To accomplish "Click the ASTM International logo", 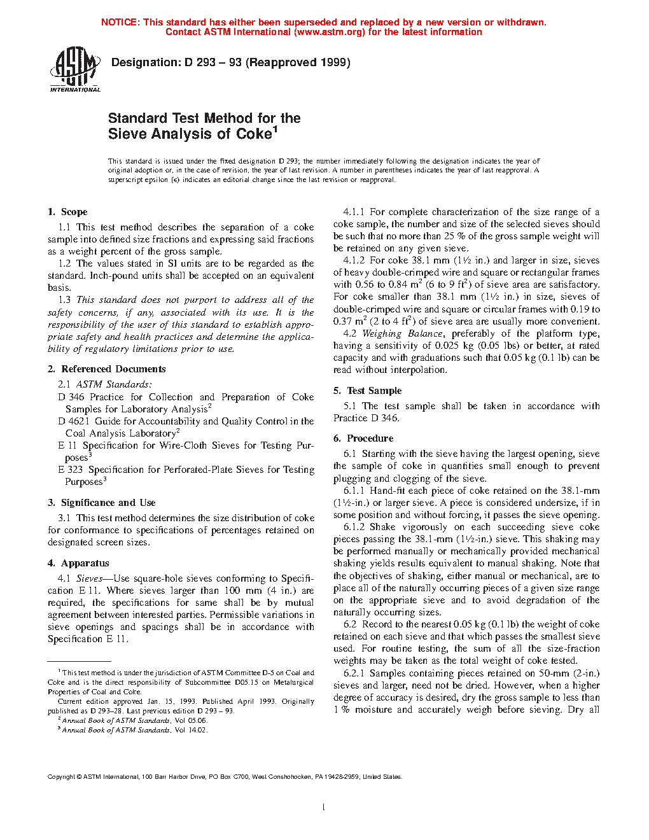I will coord(75,69).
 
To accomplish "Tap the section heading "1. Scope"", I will coord(67,212).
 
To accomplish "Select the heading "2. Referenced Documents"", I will coord(106,369).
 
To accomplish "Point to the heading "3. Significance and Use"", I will coord(101,503).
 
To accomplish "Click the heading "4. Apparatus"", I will coord(78,563).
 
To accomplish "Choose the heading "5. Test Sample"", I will coord(367,391).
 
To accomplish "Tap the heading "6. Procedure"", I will coord(363,438).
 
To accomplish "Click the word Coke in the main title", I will coord(254,134).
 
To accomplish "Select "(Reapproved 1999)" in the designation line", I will coord(298,62).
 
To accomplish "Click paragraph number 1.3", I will coord(64,300).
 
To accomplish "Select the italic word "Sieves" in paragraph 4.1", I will coord(89,578).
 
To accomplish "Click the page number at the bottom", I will coord(324,808).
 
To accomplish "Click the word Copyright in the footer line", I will coord(61,776).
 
